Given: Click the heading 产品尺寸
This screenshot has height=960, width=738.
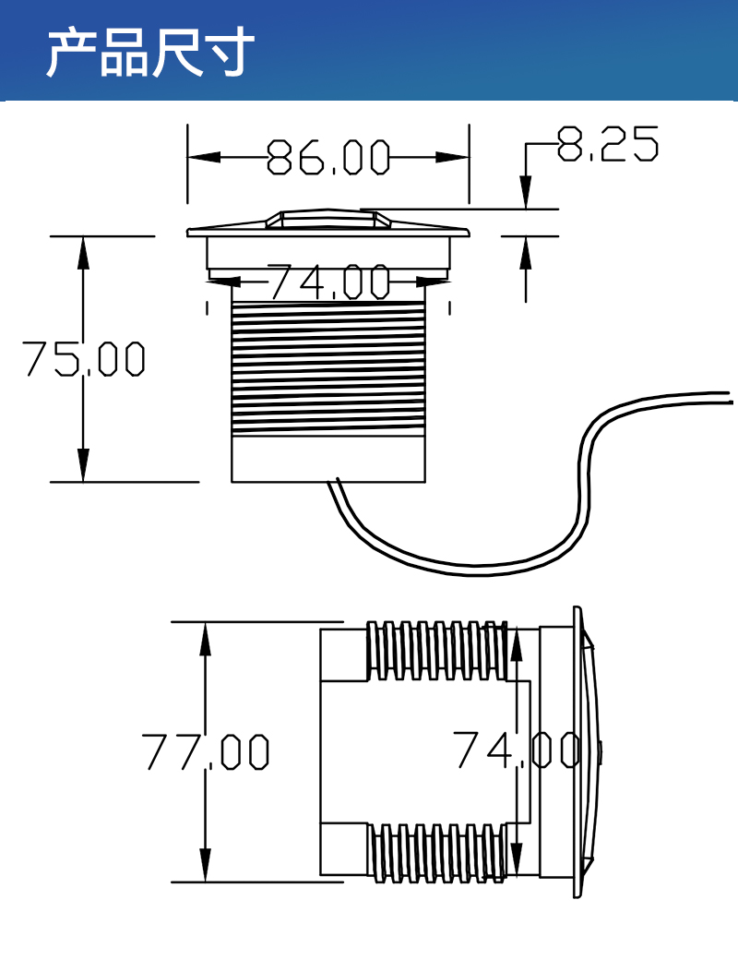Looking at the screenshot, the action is pos(150,52).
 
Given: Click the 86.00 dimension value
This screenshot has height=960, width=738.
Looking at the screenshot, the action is pos(328,157).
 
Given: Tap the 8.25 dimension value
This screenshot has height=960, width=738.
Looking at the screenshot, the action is pos(608,144).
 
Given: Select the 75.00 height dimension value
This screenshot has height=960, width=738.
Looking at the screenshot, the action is pos(84,358).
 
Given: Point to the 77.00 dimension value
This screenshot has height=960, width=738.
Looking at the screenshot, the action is pos(206,751).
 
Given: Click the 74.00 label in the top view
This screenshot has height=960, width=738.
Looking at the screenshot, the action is pos(329,282).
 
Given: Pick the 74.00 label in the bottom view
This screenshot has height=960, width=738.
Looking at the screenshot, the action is pos(518,750).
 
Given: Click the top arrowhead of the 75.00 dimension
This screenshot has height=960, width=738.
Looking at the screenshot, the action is pos(83,252).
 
